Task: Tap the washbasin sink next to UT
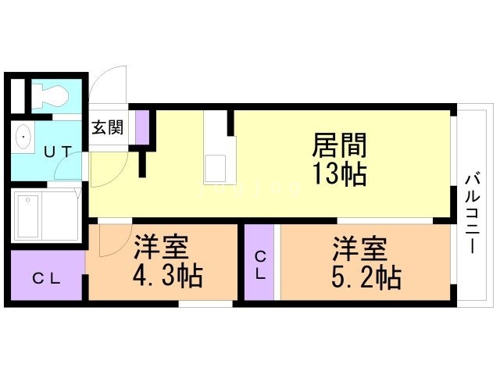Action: click(x=24, y=139)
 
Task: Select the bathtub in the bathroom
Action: click(x=29, y=216)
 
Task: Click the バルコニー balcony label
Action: click(x=473, y=211)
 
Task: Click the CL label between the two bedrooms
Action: click(x=260, y=264)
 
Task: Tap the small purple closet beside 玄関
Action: click(x=142, y=127)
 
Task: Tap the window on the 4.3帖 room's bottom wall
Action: click(x=205, y=303)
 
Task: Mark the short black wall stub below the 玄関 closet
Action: click(x=143, y=162)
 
